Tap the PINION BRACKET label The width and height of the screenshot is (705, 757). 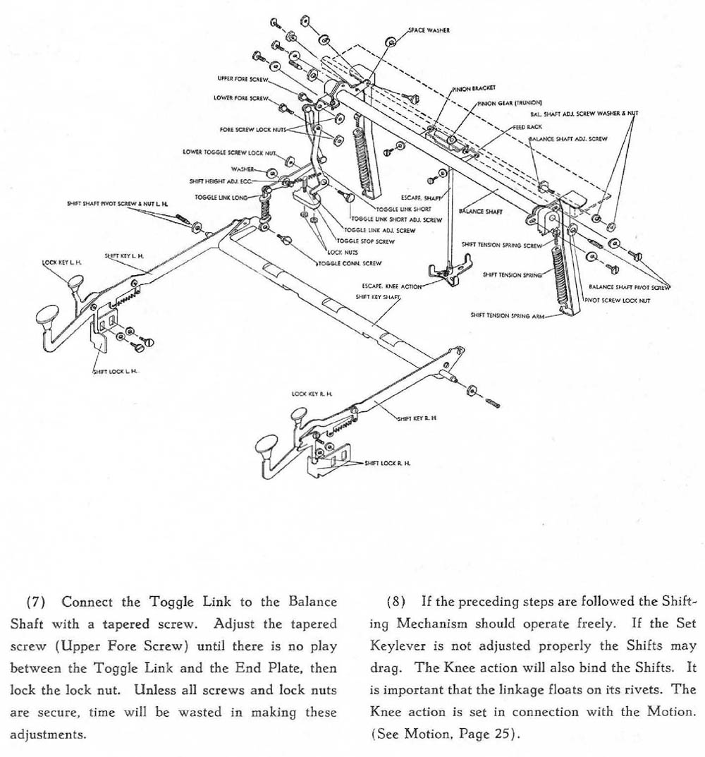(x=474, y=89)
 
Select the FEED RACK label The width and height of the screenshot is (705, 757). (x=527, y=127)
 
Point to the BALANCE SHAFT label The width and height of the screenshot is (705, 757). (x=479, y=210)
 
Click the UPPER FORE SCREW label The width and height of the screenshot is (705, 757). (x=240, y=78)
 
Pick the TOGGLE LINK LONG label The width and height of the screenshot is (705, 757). (x=221, y=198)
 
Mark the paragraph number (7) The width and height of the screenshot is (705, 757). (x=36, y=602)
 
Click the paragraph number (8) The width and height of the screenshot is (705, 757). (x=396, y=602)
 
